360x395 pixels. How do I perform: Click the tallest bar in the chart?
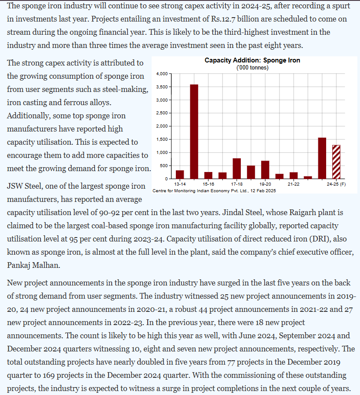pyautogui.click(x=194, y=132)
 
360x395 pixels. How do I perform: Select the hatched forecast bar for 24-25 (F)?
pyautogui.click(x=336, y=161)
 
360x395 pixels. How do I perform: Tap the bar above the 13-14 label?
pyautogui.click(x=180, y=174)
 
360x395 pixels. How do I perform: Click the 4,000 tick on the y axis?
pyautogui.click(x=161, y=73)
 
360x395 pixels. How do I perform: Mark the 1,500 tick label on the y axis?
pyautogui.click(x=161, y=139)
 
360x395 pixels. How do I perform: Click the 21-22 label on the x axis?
pyautogui.click(x=293, y=184)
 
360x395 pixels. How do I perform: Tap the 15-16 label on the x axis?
pyautogui.click(x=208, y=184)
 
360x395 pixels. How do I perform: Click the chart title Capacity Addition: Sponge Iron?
pyautogui.click(x=252, y=60)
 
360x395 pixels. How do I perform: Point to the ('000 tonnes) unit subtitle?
pyautogui.click(x=252, y=67)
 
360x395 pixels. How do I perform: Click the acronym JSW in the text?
pyautogui.click(x=16, y=187)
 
